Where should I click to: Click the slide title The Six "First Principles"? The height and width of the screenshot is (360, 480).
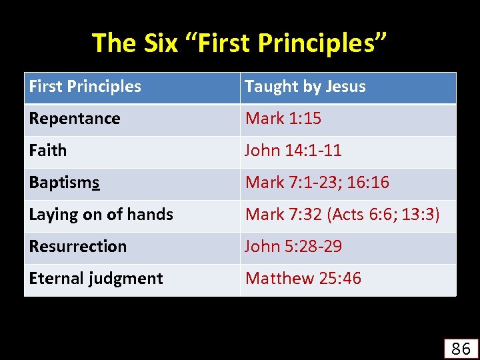coord(239,43)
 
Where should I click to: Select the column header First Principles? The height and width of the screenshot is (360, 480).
coord(85,87)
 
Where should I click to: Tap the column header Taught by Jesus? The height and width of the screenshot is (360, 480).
coord(305,87)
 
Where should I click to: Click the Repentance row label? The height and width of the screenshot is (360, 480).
coord(75,119)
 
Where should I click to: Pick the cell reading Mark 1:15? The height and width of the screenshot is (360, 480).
coord(283,119)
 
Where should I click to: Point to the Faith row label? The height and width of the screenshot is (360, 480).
coord(48,151)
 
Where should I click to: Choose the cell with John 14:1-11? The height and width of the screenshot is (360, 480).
coord(293,151)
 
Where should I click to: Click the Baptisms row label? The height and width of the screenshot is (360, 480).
coord(65,183)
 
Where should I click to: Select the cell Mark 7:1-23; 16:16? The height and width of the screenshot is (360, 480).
coord(317,183)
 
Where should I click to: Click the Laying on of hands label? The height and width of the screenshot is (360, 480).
coord(101,215)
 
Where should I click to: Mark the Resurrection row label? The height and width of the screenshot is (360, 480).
coord(78,247)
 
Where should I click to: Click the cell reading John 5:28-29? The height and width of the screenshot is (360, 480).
coord(294,247)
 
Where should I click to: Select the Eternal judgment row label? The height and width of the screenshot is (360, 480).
coord(96,279)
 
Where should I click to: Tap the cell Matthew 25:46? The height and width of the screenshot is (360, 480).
coord(303,279)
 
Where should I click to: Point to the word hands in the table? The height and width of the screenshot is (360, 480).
coord(153,215)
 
